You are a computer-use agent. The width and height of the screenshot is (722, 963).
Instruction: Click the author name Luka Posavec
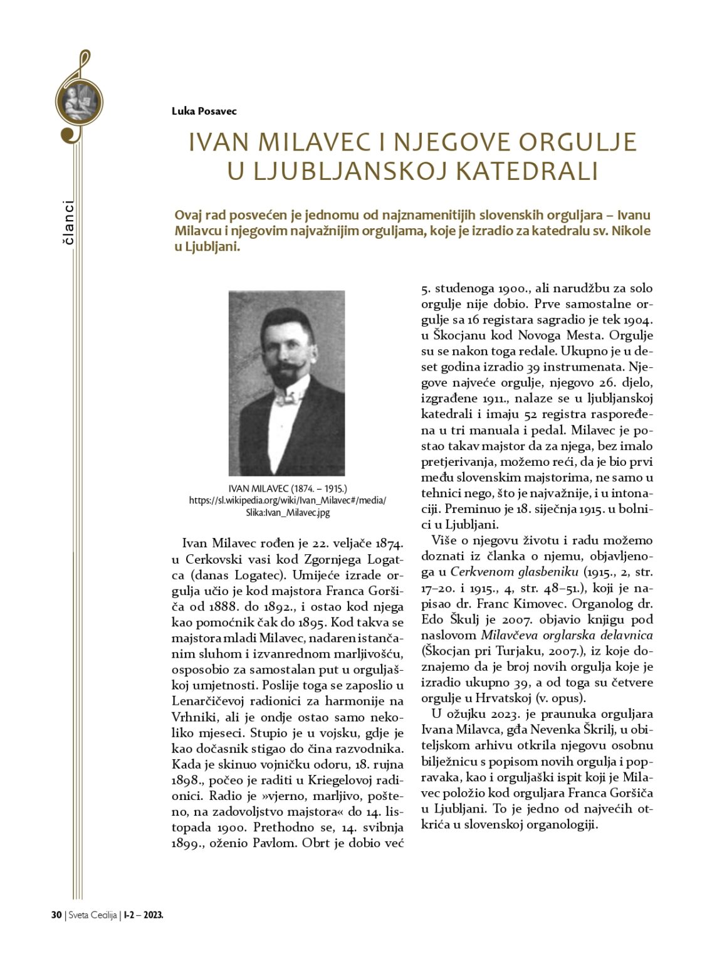(204, 111)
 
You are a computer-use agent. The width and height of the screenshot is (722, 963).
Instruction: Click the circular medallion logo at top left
(79, 101)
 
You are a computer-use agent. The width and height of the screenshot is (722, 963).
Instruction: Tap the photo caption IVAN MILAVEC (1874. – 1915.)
(288, 488)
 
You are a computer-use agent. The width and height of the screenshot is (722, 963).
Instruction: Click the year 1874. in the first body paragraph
(384, 543)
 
